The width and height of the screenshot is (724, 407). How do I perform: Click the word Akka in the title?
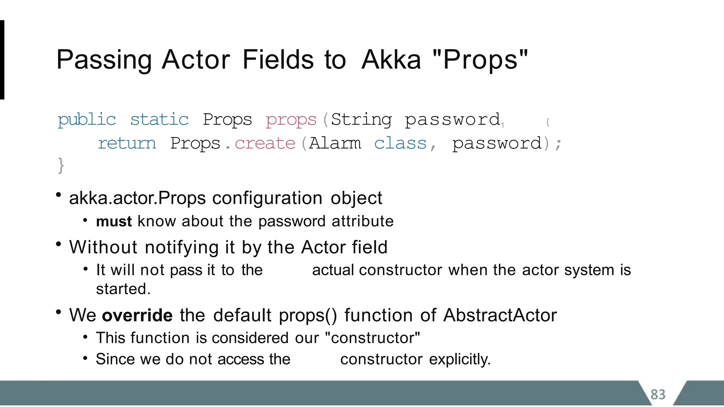point(391,60)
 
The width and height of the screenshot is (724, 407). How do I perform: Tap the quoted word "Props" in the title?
point(480,60)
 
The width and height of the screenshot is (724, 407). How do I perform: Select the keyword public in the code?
point(87,120)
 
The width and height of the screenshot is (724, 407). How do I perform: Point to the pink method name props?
point(291,120)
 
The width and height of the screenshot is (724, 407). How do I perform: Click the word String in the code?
point(361,120)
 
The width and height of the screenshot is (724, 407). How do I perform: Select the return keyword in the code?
point(127,143)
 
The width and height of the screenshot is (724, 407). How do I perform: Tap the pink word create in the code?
point(265,143)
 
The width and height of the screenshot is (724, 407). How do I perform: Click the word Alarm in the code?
point(335,143)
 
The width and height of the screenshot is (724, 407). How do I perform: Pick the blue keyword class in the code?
point(400,143)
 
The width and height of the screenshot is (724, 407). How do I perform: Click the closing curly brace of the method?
point(61,165)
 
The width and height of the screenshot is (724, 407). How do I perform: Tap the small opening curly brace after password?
point(548,122)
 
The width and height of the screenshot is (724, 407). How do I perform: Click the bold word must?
point(113,222)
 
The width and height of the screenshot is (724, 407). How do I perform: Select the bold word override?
point(137,315)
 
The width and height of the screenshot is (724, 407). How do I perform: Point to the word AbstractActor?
point(500,315)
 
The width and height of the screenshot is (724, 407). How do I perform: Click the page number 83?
point(658,394)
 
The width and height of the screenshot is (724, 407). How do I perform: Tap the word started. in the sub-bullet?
point(123,289)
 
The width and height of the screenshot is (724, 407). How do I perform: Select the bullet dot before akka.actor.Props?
point(59,195)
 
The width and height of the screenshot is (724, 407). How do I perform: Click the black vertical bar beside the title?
point(2,60)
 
